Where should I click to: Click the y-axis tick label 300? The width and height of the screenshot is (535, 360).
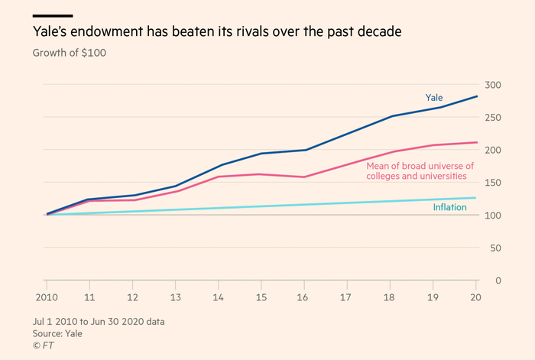click(492, 84)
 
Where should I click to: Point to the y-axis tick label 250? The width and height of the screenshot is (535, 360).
click(492, 117)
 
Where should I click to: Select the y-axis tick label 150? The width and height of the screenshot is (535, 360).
click(492, 183)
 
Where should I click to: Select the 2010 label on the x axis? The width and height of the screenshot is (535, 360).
click(45, 296)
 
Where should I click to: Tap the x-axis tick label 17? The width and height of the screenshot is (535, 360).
click(346, 296)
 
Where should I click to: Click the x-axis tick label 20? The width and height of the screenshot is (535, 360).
click(475, 296)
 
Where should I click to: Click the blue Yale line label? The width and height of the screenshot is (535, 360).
click(434, 98)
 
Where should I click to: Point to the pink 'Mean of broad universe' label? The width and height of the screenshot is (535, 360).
click(420, 171)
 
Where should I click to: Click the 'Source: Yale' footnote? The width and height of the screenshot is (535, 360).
click(57, 333)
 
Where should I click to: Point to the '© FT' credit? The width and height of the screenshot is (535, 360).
click(43, 345)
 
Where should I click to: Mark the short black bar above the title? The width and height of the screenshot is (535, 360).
click(53, 15)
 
